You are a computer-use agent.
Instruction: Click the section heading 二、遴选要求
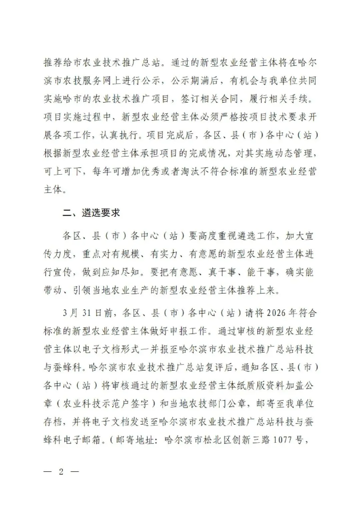pos(91,213)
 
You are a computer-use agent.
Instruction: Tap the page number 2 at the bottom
pos(61,472)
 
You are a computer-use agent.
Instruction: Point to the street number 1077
pos(283,440)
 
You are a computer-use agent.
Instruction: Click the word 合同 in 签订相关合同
pos(224,99)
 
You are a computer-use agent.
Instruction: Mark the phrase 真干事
pos(223,272)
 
